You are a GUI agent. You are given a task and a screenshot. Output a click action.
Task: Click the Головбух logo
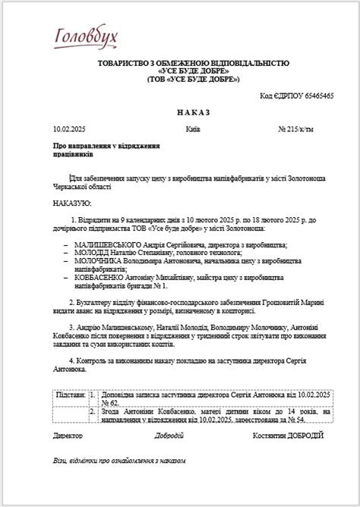[x=85, y=35]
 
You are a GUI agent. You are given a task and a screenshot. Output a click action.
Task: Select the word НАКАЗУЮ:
[x=72, y=203]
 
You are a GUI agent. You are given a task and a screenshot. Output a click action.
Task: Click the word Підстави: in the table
[x=71, y=395]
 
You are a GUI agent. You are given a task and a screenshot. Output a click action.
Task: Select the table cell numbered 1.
[x=93, y=395]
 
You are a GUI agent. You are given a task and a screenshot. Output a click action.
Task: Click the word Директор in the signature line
[x=68, y=435]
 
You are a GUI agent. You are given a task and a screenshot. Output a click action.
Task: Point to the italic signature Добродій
[x=169, y=435]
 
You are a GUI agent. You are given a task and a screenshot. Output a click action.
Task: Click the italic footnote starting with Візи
[x=119, y=460]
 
